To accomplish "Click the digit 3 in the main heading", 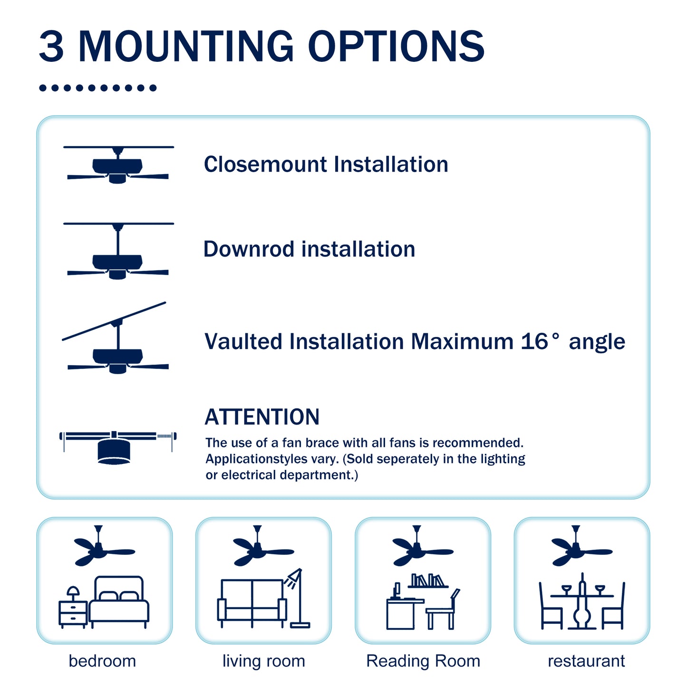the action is click(x=51, y=46).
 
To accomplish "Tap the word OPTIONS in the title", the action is click(x=396, y=46).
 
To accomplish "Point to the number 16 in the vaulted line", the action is click(x=534, y=341).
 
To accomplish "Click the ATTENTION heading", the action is click(x=261, y=417).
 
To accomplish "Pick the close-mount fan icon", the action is click(x=118, y=164).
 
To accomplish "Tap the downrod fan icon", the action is click(x=118, y=252).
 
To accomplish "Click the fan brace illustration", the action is click(x=117, y=447).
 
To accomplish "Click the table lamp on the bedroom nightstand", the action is click(x=73, y=592).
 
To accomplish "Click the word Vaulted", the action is click(x=243, y=341).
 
